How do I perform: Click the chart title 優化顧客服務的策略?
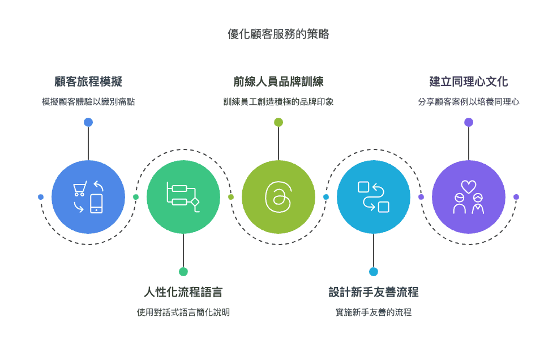[x=278, y=34]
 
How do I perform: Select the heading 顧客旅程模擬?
[x=88, y=82]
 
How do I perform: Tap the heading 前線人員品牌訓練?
[x=278, y=82]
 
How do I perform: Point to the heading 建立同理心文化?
[x=469, y=82]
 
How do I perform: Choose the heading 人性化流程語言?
[x=183, y=292]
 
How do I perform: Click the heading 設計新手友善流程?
[x=374, y=292]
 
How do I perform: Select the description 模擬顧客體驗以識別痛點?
[x=88, y=102]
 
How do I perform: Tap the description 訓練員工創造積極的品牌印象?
[x=278, y=102]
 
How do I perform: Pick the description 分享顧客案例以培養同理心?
[x=469, y=102]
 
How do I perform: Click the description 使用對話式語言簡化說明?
[x=183, y=312]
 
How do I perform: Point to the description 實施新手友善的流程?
[x=374, y=312]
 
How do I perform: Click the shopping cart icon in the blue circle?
[x=80, y=188]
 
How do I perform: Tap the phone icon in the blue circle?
[x=96, y=204]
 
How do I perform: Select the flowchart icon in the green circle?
[x=183, y=197]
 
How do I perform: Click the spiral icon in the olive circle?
[x=278, y=197]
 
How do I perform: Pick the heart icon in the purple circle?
[x=469, y=187]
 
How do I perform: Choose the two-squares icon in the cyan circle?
[x=374, y=197]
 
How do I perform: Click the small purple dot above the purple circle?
[x=469, y=122]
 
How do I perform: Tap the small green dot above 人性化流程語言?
[x=183, y=272]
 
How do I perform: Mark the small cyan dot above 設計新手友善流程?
[x=374, y=272]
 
